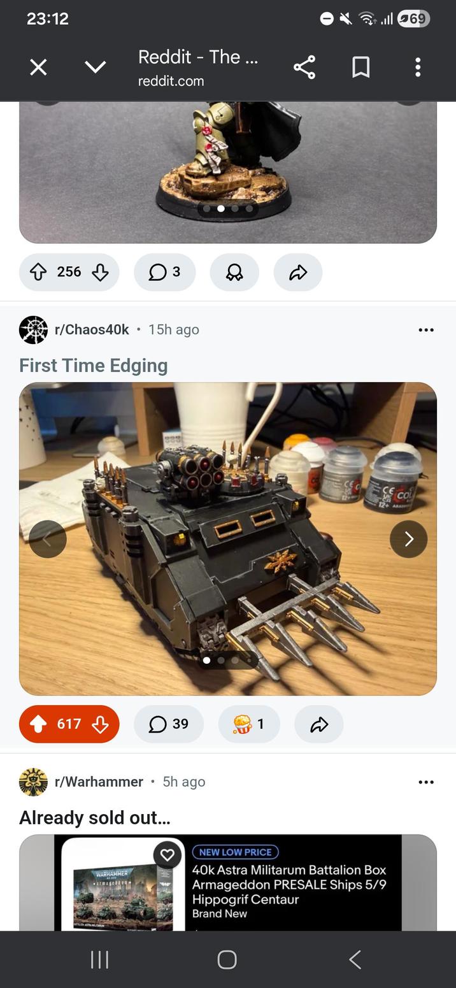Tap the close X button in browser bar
click(38, 67)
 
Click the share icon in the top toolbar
click(304, 67)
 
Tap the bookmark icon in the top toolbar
click(361, 67)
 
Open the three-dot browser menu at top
click(418, 67)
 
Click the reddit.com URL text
click(171, 81)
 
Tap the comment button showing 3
click(164, 272)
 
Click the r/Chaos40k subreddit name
click(92, 329)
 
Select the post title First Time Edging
click(94, 366)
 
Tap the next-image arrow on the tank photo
click(408, 539)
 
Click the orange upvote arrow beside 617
click(38, 724)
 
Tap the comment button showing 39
click(169, 724)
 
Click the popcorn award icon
click(242, 724)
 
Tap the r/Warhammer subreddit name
click(99, 782)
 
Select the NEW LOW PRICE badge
click(235, 852)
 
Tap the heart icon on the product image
click(167, 855)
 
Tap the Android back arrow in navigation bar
click(355, 959)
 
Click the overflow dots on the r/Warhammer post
click(426, 782)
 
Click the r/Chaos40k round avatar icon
click(33, 330)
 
